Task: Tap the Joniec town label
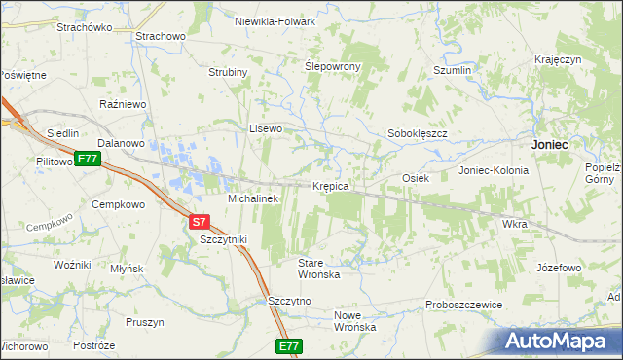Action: [x=550, y=144]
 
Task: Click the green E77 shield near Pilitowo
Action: [x=88, y=158]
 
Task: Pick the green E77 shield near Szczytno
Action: [x=289, y=346]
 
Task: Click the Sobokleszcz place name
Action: [x=417, y=133]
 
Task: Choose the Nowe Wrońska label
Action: [x=354, y=321]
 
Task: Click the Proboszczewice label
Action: [x=463, y=305]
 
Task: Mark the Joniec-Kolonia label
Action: [x=494, y=170]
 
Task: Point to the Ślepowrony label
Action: [x=333, y=66]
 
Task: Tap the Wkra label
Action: [x=515, y=224]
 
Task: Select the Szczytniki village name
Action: [x=224, y=239]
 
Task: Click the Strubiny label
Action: [x=229, y=72]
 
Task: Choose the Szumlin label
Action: [x=453, y=71]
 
